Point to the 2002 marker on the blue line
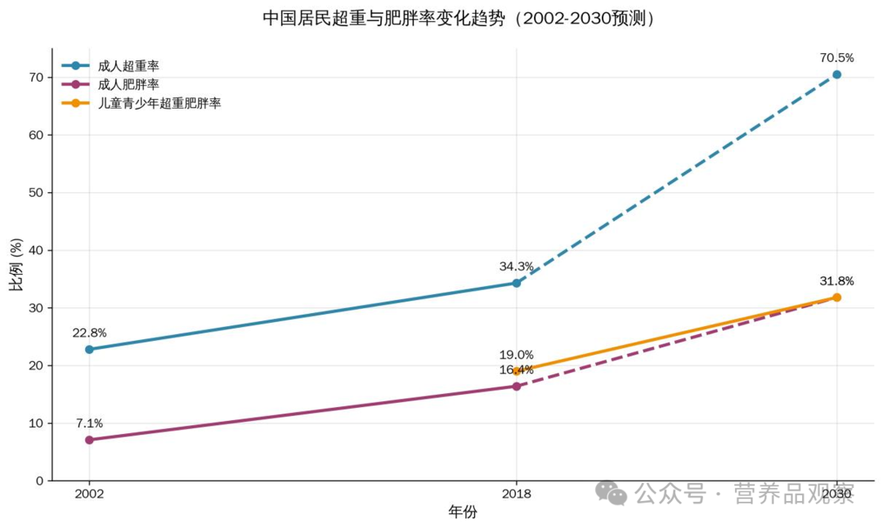[x=89, y=349]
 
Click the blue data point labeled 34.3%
[x=517, y=283]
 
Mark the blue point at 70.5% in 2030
[x=836, y=74]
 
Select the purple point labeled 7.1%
[x=89, y=440]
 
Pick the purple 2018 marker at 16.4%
[x=517, y=386]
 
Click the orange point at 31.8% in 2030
[x=836, y=298]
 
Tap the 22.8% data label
[x=89, y=333]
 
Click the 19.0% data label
[x=517, y=355]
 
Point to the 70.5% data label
[x=836, y=58]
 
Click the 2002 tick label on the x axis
[x=89, y=494]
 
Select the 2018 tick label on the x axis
[x=517, y=494]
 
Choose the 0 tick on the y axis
[x=39, y=481]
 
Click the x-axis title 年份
[x=463, y=512]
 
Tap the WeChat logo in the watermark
[x=611, y=492]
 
